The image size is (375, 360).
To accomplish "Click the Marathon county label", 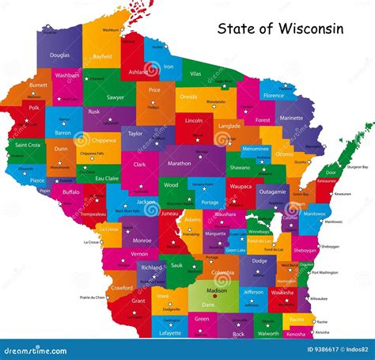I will [179, 164].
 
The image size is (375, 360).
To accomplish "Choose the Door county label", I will [330, 172].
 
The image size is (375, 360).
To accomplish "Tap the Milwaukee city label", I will [319, 297].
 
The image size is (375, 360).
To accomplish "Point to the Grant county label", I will [138, 301].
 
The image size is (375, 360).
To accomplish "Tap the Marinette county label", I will [291, 119].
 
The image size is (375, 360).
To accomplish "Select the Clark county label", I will [139, 165].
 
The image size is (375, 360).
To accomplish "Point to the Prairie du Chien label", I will [93, 297].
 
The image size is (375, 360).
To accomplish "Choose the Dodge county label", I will [258, 260].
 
